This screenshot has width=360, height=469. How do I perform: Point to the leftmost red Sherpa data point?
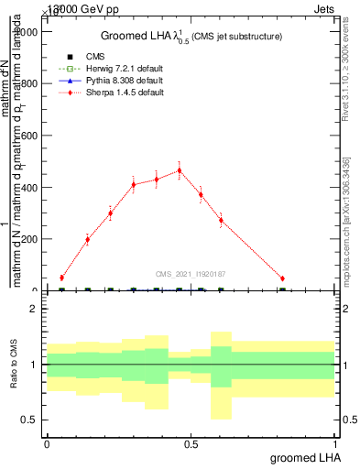[x=61, y=278]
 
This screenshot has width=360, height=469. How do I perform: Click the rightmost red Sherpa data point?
[x=282, y=278]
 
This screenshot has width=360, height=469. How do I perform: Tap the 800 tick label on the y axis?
[x=29, y=83]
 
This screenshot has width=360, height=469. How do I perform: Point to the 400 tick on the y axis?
[x=29, y=187]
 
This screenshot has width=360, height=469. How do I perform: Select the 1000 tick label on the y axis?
[x=27, y=31]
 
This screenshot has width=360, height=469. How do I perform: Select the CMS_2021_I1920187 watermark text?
[x=191, y=273]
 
